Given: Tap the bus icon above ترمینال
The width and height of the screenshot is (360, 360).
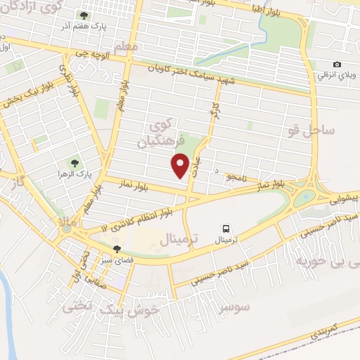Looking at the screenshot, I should (x=226, y=228).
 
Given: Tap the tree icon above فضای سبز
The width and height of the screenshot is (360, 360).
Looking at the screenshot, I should (x=117, y=249).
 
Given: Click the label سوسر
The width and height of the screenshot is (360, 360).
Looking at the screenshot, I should (x=233, y=307).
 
